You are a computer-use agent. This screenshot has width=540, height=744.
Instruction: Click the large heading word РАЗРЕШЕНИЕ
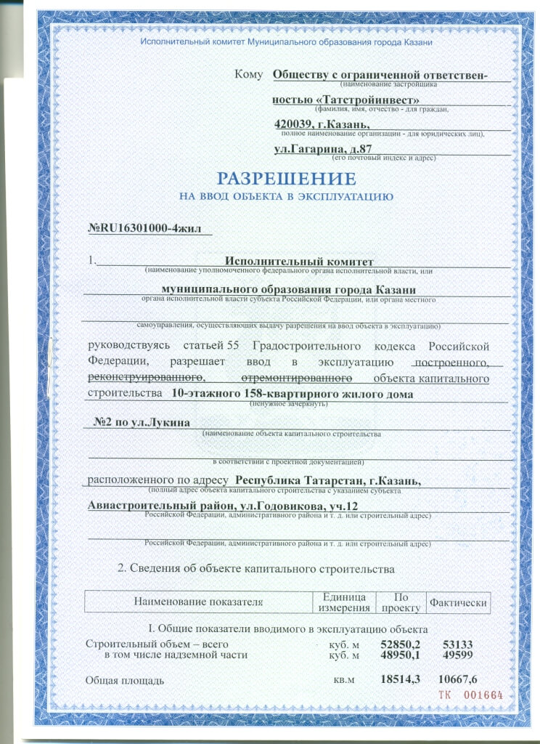pyautogui.click(x=287, y=179)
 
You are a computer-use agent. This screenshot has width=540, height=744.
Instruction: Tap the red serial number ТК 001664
pyautogui.click(x=470, y=695)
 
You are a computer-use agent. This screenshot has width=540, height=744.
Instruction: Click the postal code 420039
pyautogui.click(x=300, y=124)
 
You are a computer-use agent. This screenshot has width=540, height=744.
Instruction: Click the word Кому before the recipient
pyautogui.click(x=248, y=73)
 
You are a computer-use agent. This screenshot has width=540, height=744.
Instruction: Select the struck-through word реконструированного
pyautogui.click(x=144, y=378)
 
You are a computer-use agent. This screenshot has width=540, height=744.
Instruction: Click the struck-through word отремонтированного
pyautogui.click(x=297, y=378)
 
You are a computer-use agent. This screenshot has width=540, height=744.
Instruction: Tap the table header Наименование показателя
pyautogui.click(x=197, y=602)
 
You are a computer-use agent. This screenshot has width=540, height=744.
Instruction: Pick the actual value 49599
pyautogui.click(x=457, y=655)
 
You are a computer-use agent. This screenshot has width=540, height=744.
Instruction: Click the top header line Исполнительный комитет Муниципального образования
pyautogui.click(x=286, y=44)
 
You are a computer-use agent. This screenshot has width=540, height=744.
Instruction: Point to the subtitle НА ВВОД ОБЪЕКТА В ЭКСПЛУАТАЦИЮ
pyautogui.click(x=286, y=196)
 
